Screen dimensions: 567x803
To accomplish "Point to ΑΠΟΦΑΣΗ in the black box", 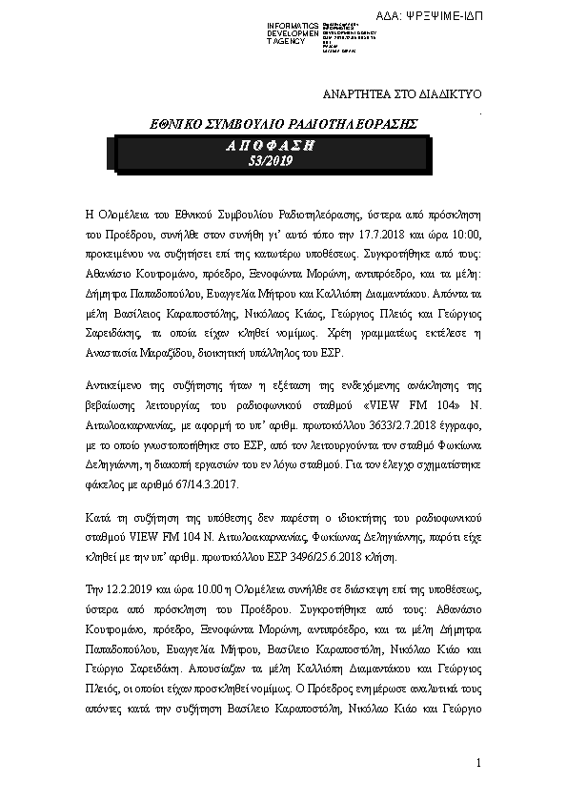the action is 271,146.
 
